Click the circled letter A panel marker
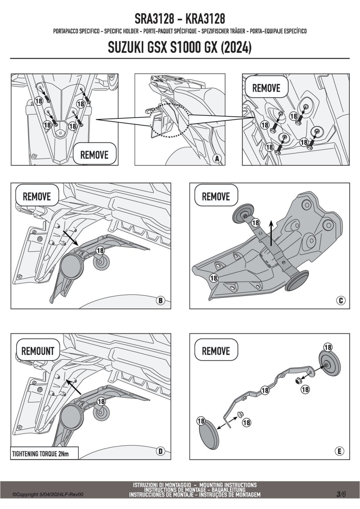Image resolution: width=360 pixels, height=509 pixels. point(217,159)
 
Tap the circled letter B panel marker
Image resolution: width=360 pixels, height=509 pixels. point(160,301)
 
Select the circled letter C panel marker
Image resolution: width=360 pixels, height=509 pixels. point(340,301)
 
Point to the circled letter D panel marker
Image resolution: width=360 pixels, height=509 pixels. point(160,451)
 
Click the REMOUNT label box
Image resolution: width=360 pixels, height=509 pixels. point(38,351)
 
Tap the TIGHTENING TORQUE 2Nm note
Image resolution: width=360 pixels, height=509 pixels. point(40,454)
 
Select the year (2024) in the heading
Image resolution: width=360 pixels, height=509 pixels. point(236,47)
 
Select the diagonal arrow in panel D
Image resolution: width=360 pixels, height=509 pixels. point(75,386)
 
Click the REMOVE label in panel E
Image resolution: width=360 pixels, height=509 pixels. point(216,351)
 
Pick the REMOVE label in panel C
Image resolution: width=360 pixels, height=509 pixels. point(216,196)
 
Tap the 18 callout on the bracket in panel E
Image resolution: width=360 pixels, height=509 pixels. point(265,390)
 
